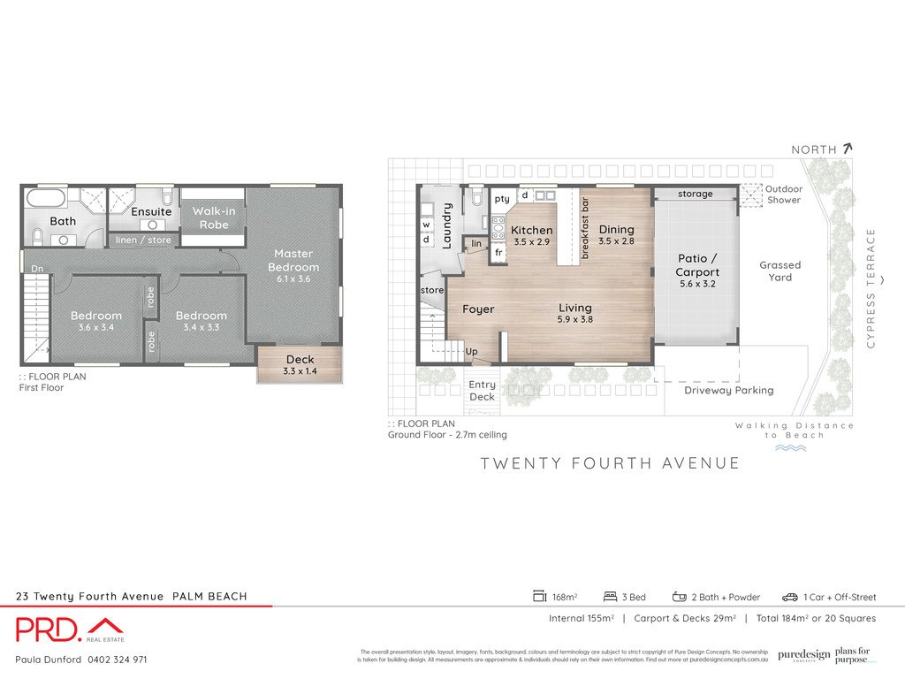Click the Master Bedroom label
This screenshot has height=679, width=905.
click(293, 260)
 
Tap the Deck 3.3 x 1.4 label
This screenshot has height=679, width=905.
click(300, 365)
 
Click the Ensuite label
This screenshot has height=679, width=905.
click(151, 212)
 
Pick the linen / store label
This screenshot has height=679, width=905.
click(144, 240)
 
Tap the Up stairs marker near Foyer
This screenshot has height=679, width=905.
click(471, 351)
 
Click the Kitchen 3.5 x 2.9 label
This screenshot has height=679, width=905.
click(531, 235)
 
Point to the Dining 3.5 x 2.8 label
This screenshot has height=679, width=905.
click(617, 234)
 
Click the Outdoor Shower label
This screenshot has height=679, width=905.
click(783, 194)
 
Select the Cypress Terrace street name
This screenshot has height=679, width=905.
click(871, 288)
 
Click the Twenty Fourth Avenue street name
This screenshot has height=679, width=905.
click(610, 463)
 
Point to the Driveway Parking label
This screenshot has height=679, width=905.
click(728, 390)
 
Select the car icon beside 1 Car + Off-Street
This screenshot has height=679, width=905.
click(789, 597)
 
